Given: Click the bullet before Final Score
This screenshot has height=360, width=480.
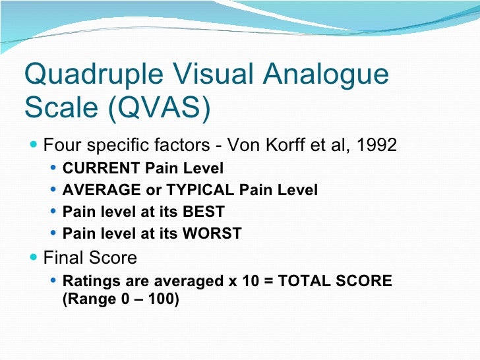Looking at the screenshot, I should [x=34, y=257].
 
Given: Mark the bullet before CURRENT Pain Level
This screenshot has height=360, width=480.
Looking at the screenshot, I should [x=54, y=169].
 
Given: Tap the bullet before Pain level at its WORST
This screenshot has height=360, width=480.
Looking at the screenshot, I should [x=54, y=233].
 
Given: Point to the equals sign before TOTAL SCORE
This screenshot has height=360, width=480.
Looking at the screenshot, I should [x=266, y=282].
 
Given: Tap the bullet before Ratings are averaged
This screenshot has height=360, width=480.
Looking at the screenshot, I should [x=54, y=282].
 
